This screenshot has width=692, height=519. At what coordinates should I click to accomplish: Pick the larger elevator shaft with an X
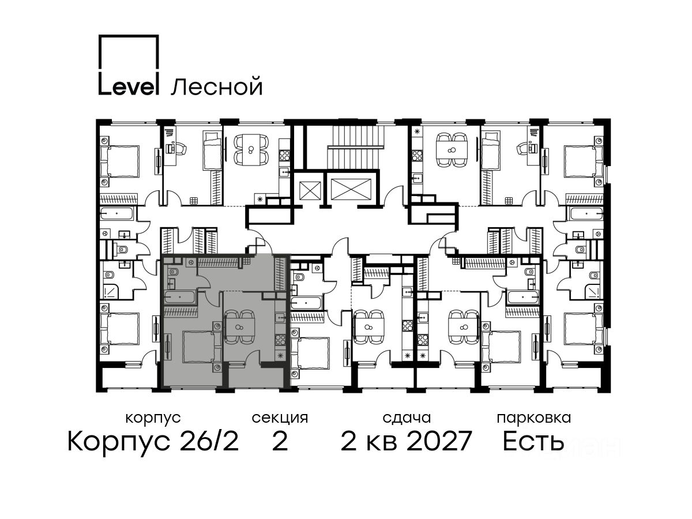click(x=351, y=189)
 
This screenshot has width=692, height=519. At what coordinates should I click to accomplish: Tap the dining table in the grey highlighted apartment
click(x=239, y=327)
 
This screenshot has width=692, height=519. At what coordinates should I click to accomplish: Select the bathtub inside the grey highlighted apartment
click(x=180, y=297)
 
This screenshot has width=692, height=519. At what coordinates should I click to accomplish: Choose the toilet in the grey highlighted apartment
click(x=173, y=272)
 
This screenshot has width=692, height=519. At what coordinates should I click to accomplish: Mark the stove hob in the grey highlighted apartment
click(x=280, y=340)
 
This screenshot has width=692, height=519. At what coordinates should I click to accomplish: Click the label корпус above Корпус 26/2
click(x=153, y=418)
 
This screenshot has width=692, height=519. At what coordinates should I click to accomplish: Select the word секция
click(x=280, y=418)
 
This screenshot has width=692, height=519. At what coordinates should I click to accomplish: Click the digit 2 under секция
click(x=280, y=441)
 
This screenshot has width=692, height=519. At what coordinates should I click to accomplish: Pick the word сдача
click(x=407, y=418)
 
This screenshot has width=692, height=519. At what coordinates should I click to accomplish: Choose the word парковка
click(x=534, y=418)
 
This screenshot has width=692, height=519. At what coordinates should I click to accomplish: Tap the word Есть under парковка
click(x=533, y=441)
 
